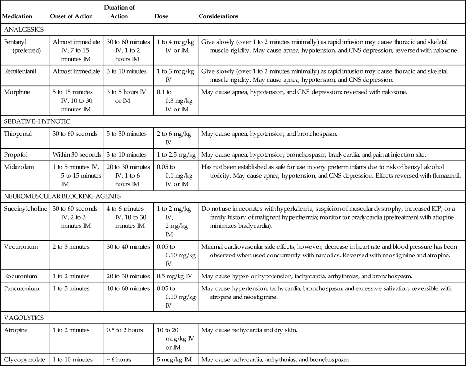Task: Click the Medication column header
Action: coord(17,16)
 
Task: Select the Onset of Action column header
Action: coord(71,16)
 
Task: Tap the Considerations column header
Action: coord(218,16)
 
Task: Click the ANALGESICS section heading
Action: coord(24,29)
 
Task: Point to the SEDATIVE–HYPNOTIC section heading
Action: coord(37,121)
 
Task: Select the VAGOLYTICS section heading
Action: coord(24,318)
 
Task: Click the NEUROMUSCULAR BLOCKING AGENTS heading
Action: coord(62,196)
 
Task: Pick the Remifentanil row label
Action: coord(20,71)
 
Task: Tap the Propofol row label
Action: coord(16,155)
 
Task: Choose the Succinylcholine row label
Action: coord(25,209)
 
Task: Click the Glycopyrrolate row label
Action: coord(24,360)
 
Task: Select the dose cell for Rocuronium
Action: coord(174,276)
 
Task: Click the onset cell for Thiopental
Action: coord(75,134)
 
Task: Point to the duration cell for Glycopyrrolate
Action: coord(119,360)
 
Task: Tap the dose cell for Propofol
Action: coord(176,155)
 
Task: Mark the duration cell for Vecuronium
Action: coord(128,247)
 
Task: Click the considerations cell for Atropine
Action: coord(249,330)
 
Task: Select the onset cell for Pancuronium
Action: coord(71,288)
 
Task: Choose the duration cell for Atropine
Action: coord(125,330)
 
